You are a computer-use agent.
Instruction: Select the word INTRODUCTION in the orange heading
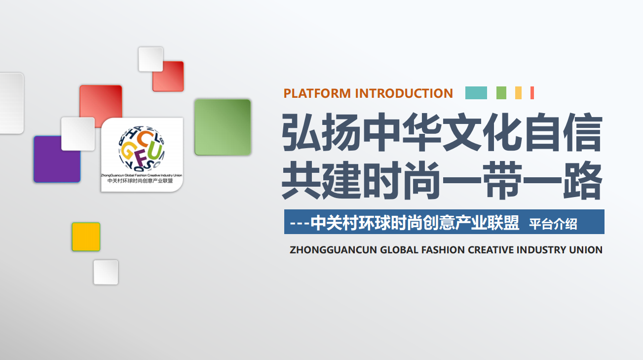tap(404, 93)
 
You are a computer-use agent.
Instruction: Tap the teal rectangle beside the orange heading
tap(476, 93)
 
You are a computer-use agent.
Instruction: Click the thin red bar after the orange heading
tap(532, 93)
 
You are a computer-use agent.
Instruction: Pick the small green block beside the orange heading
tap(501, 93)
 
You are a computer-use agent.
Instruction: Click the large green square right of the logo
tap(223, 127)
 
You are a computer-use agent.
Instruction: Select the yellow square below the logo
tap(86, 237)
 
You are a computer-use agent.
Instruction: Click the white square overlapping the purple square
tap(78, 134)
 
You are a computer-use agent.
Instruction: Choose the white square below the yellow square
tap(106, 273)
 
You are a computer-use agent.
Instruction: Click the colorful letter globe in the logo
tap(142, 148)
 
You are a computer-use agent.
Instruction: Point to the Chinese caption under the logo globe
tap(140, 181)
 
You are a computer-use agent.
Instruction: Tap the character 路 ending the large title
tap(582, 180)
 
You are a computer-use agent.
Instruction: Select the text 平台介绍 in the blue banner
tap(553, 224)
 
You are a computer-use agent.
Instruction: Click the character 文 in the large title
tap(462, 132)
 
